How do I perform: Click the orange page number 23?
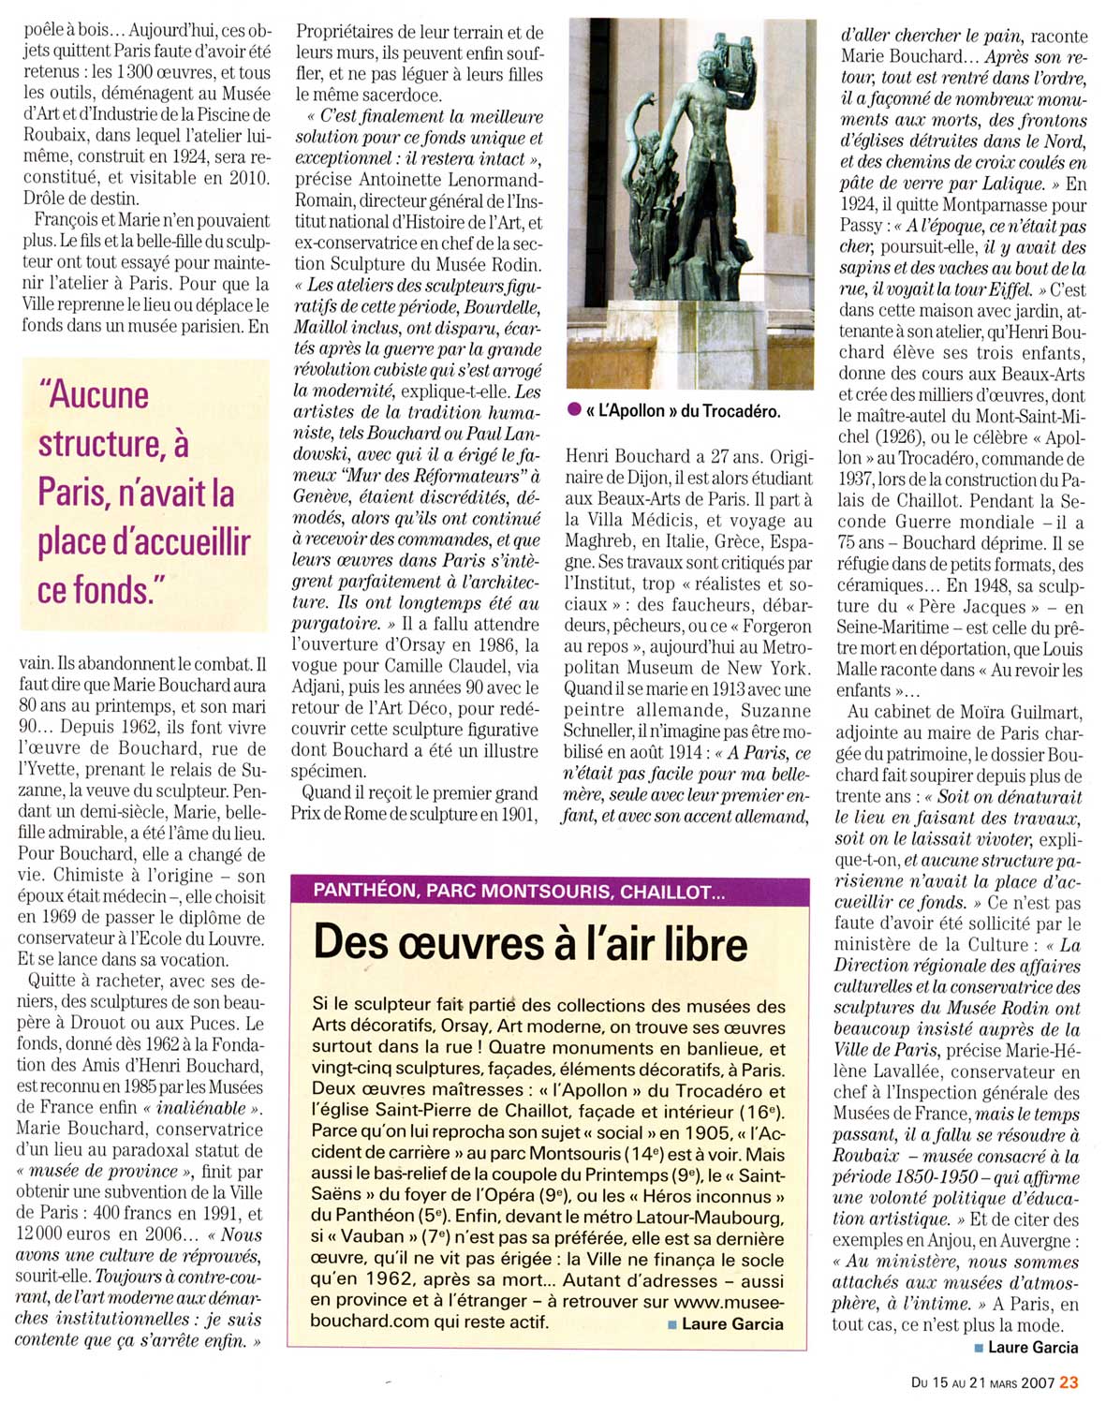1069,1381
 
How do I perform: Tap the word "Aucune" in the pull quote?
93,395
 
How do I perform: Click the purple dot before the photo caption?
573,410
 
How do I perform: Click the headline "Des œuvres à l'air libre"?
530,942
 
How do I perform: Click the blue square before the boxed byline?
672,1323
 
